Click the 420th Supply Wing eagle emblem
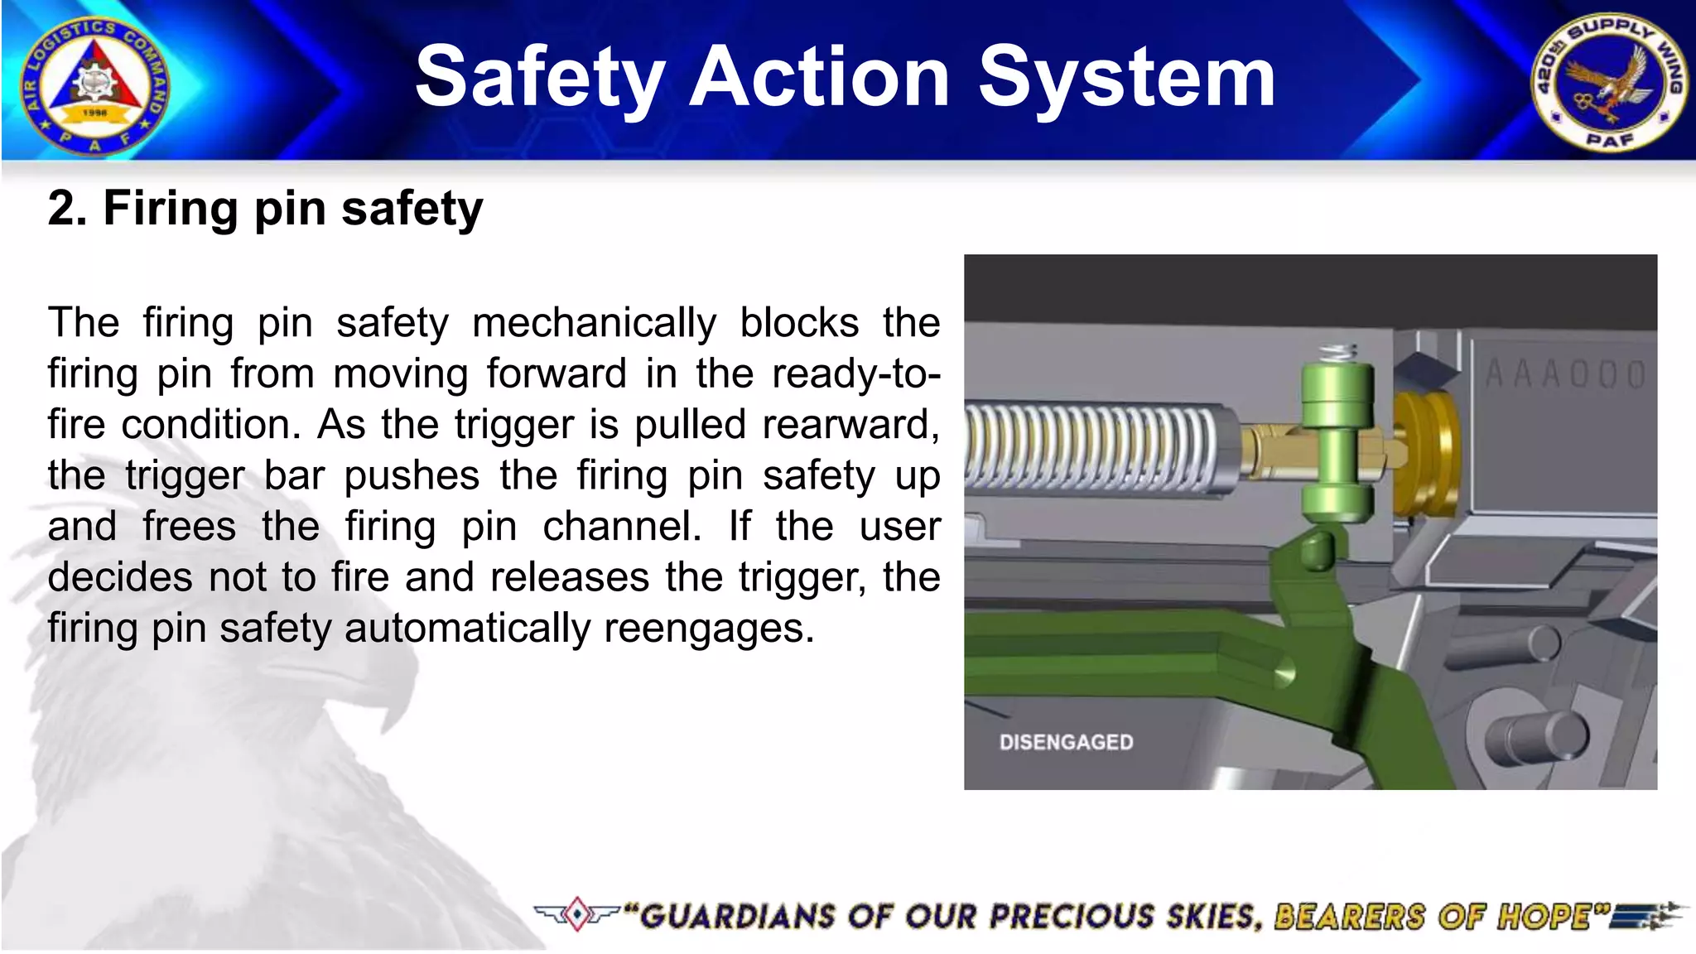pyautogui.click(x=1608, y=83)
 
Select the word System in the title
pyautogui.click(x=1126, y=78)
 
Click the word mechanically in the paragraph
pyautogui.click(x=594, y=323)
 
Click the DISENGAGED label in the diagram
pyautogui.click(x=1066, y=742)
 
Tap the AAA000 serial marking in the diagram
pyautogui.click(x=1565, y=375)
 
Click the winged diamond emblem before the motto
pyautogui.click(x=576, y=914)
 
